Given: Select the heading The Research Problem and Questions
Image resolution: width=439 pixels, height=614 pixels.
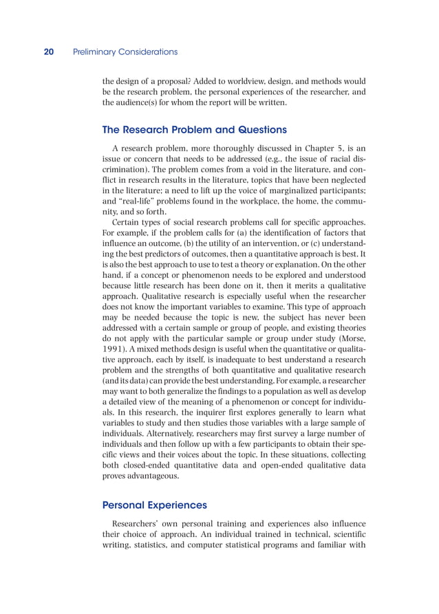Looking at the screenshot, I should coord(194,129).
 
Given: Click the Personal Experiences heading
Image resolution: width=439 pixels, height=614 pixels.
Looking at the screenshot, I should coord(154,505).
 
